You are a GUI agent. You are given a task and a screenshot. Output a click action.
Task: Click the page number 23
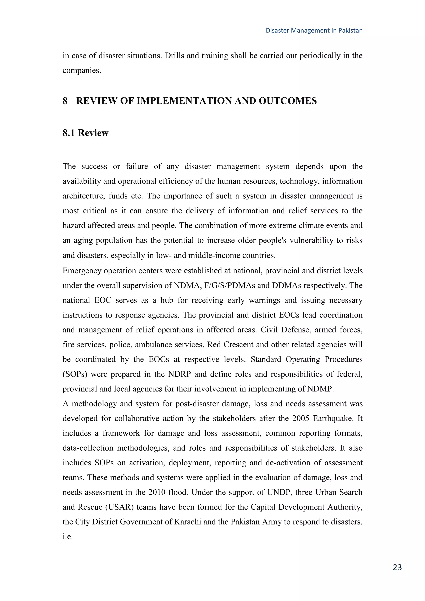pos(397,567)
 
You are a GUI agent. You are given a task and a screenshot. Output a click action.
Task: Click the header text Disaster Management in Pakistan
pos(314,31)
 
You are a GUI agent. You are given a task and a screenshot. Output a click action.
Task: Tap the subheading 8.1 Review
pos(85,133)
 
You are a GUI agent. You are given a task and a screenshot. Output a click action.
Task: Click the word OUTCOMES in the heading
pos(288,101)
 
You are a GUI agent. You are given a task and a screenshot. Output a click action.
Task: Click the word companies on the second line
pos(81,71)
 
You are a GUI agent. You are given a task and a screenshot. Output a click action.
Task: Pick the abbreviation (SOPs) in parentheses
pos(75,374)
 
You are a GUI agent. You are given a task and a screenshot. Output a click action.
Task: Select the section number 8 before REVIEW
pos(65,101)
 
